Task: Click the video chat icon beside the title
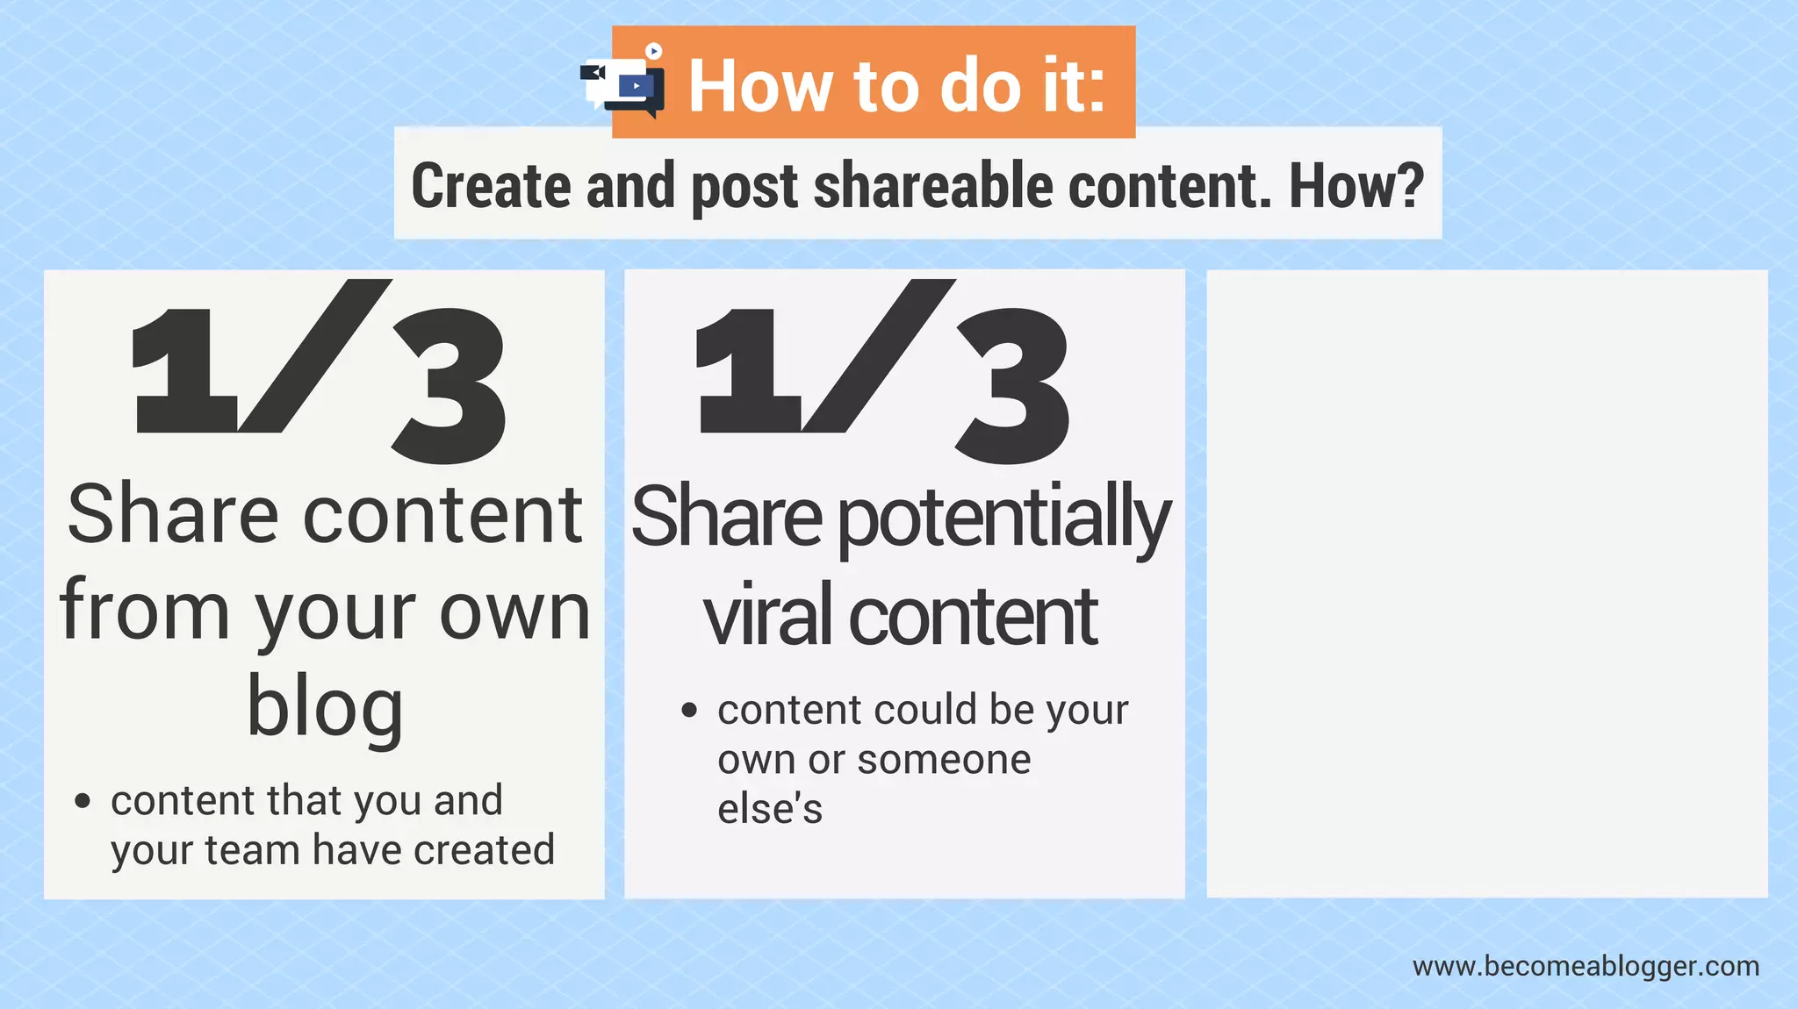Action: pos(624,83)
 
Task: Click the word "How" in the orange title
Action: pos(760,86)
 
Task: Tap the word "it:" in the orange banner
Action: pos(1072,86)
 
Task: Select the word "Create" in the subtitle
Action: pos(491,186)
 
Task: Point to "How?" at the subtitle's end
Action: pos(1356,186)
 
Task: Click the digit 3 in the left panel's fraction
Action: pos(450,386)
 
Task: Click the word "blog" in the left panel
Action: pos(325,707)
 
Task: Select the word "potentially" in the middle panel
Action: pos(1005,519)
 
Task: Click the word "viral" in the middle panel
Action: pos(767,616)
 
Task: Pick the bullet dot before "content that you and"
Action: pos(83,800)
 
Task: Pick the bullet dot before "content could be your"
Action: pos(689,710)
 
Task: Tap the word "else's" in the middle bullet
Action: pos(770,808)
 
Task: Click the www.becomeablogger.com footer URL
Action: pos(1586,966)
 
